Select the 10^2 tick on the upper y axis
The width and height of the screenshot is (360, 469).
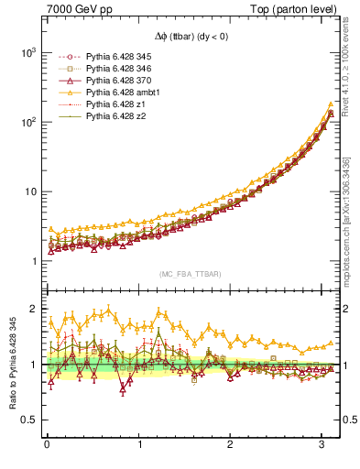[29, 122]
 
